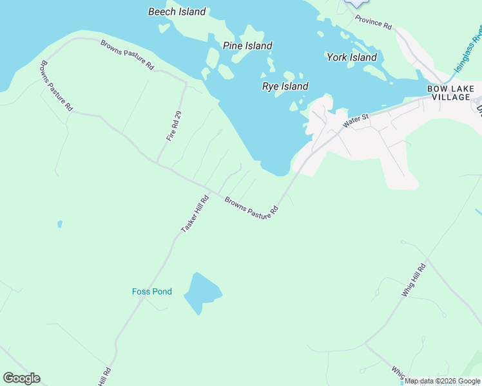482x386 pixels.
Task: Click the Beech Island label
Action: point(177,12)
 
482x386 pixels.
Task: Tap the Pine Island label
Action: point(247,46)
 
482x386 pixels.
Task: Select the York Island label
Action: point(351,57)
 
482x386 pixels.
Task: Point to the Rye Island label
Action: point(285,86)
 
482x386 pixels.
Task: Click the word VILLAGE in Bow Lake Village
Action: point(451,97)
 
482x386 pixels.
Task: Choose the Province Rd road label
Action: point(373,22)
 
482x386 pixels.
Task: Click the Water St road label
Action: point(355,120)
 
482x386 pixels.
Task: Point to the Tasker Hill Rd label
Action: point(195,214)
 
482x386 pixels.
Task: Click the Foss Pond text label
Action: point(152,291)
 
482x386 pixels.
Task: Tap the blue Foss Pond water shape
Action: point(202,294)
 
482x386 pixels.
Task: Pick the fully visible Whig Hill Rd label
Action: point(414,280)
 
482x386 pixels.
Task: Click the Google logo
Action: point(21,378)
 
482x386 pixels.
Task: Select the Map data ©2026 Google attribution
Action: point(442,381)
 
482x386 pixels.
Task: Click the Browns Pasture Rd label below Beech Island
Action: point(127,55)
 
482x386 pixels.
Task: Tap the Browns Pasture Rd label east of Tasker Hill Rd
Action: point(251,206)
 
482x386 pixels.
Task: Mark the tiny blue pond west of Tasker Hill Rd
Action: point(59,224)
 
